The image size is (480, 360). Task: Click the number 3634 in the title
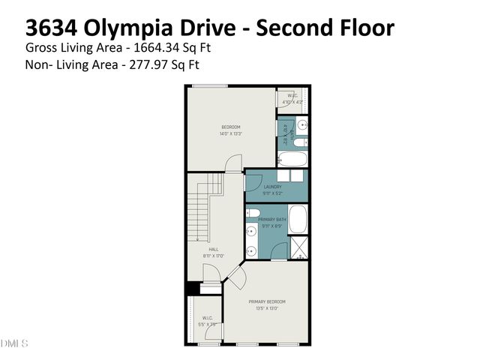tap(52, 28)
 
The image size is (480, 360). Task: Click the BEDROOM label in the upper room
tap(230, 127)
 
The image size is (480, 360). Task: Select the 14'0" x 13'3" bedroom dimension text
tap(230, 134)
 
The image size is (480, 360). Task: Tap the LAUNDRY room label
tap(271, 187)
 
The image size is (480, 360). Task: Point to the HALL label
tap(214, 250)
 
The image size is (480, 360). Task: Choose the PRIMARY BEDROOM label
tap(267, 301)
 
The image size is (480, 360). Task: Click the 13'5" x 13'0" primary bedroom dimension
tap(267, 307)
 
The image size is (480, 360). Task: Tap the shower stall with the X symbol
tap(298, 247)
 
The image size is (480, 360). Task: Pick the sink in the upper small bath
tap(302, 124)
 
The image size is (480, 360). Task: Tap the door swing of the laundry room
tap(253, 182)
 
